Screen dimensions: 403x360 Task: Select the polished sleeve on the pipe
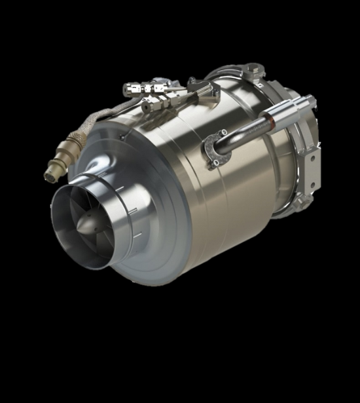pyautogui.click(x=289, y=110)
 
